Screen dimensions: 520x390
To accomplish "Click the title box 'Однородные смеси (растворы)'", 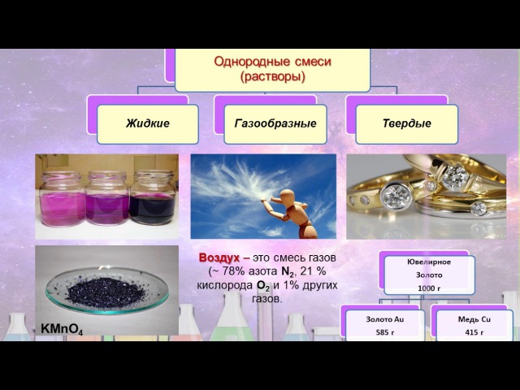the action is pyautogui.click(x=272, y=70).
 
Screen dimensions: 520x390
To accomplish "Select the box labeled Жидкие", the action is pyautogui.click(x=148, y=124).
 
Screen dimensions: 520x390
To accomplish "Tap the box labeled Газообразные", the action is pyautogui.click(x=275, y=124).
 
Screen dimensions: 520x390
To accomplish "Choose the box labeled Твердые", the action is pyautogui.click(x=407, y=124).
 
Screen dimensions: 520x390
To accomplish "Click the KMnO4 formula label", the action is pyautogui.click(x=62, y=329).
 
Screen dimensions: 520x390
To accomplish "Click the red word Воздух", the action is pyautogui.click(x=219, y=258).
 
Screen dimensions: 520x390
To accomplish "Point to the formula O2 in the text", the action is pyautogui.click(x=262, y=286).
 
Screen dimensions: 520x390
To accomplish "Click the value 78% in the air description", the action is pyautogui.click(x=234, y=271).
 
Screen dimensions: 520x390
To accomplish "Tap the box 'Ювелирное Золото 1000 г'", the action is pyautogui.click(x=429, y=275).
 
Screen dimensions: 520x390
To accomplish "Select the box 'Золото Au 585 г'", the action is pyautogui.click(x=385, y=325).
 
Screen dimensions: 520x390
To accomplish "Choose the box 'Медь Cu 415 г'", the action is pyautogui.click(x=474, y=325).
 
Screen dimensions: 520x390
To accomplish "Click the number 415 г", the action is pyautogui.click(x=474, y=332).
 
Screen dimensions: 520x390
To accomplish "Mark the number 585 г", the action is pyautogui.click(x=385, y=332).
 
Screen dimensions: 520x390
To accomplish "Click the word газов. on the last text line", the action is pyautogui.click(x=267, y=299).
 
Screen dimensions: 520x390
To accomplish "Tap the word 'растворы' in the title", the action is pyautogui.click(x=272, y=77).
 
